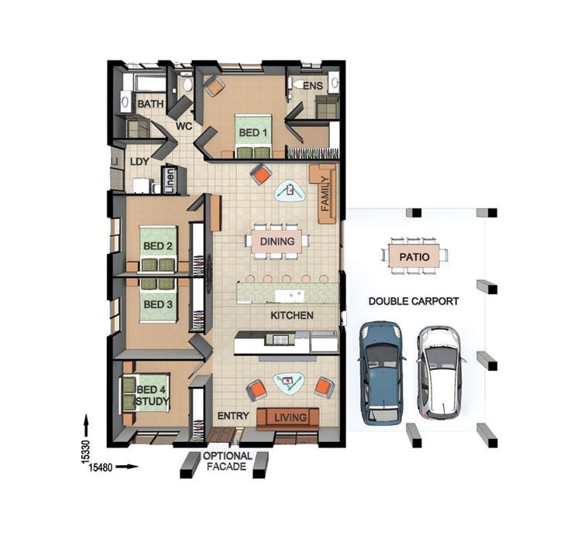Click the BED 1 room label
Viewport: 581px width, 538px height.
(x=253, y=133)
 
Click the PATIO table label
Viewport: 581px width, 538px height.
(x=414, y=255)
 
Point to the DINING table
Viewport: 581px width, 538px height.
(x=277, y=242)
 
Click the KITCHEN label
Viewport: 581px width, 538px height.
(x=291, y=316)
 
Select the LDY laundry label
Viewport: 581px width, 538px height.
(x=139, y=162)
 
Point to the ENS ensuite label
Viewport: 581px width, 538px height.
(x=311, y=86)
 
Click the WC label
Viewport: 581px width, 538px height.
(x=184, y=125)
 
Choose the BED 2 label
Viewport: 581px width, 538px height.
(x=157, y=246)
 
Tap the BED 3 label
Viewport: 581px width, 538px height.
(x=157, y=304)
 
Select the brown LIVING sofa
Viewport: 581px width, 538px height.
(x=287, y=417)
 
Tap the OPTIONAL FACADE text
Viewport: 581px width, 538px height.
(x=227, y=462)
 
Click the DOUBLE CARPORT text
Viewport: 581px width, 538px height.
(x=413, y=301)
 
